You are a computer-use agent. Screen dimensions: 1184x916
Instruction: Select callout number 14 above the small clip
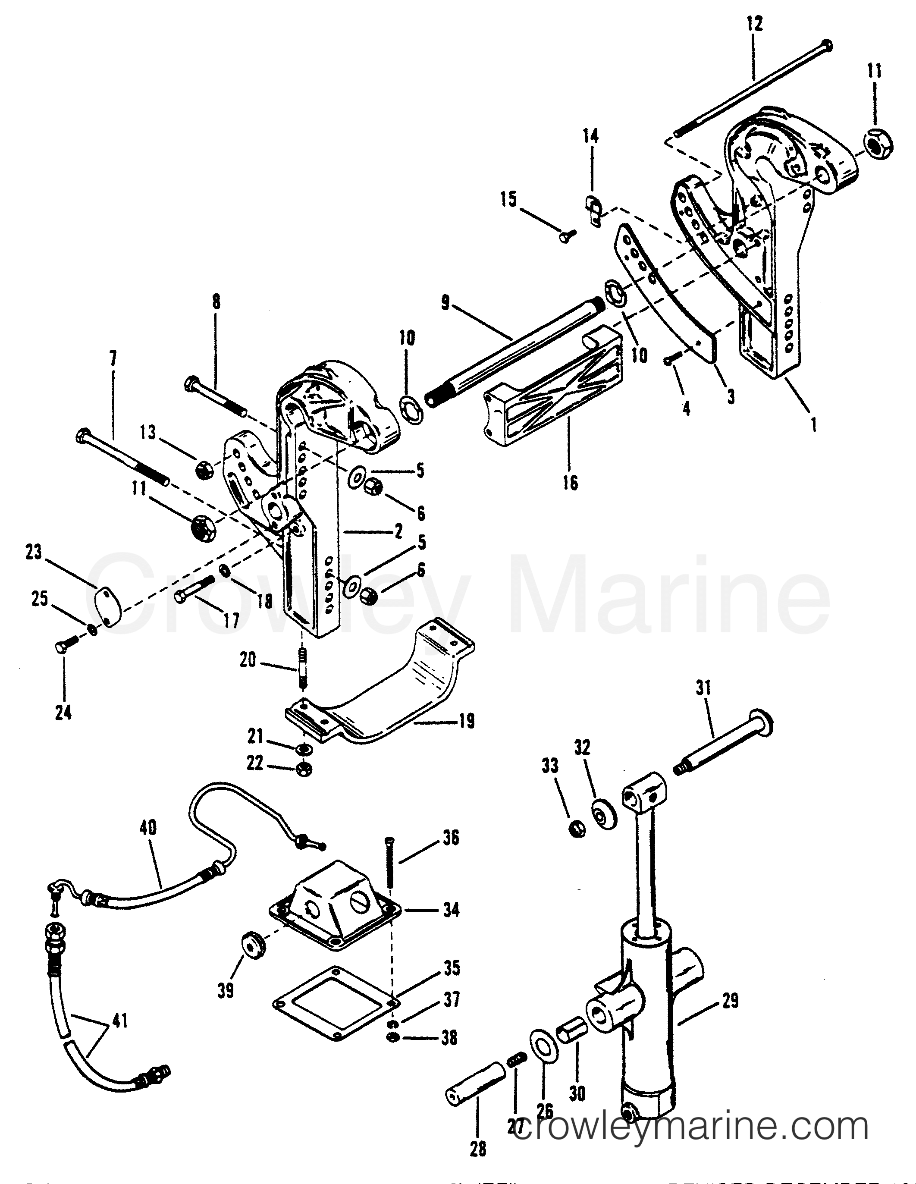click(591, 136)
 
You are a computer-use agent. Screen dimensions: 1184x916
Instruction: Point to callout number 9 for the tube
click(445, 303)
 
